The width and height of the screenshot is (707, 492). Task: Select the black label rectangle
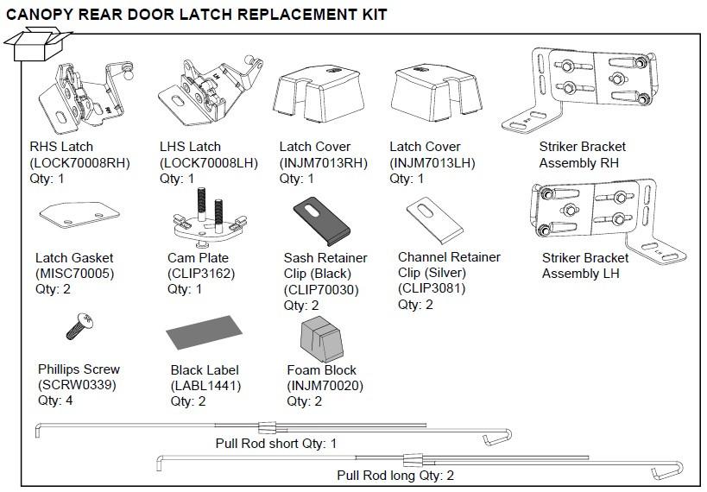point(202,331)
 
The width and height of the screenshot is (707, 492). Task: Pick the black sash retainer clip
point(320,223)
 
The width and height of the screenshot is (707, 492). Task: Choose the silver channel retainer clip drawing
point(434,221)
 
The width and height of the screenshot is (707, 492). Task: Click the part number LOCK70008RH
point(79,162)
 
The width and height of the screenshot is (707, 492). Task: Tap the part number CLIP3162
point(201,274)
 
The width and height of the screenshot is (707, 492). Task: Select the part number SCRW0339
point(77,385)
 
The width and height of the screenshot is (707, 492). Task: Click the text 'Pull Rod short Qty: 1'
point(276,444)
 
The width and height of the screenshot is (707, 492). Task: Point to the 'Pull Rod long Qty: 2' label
point(395,475)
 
